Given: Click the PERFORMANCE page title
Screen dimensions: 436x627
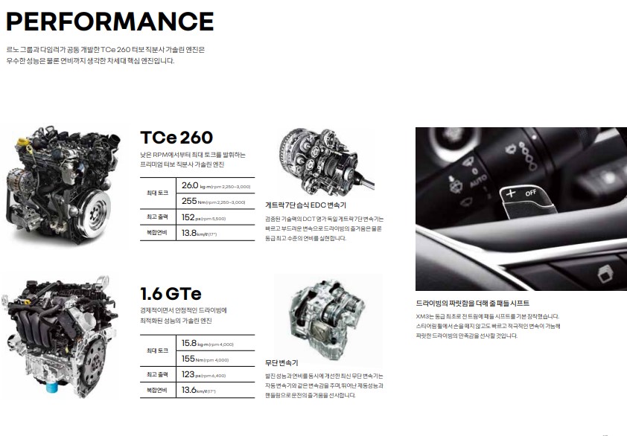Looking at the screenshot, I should click(x=110, y=22).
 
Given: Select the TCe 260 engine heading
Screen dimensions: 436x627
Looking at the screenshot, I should click(x=176, y=138).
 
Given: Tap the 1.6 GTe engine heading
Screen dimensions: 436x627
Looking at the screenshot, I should click(x=171, y=293).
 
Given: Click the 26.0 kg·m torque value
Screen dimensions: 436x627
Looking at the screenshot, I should click(x=191, y=185).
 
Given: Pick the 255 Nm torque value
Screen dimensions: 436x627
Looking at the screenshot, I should click(x=189, y=201).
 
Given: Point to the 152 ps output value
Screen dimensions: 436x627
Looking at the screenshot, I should click(x=189, y=217).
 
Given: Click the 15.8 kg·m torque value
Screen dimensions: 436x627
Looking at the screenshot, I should click(x=189, y=343).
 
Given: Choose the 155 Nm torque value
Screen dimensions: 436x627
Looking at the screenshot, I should click(x=189, y=359).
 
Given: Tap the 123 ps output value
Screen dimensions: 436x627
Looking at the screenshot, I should click(x=189, y=374).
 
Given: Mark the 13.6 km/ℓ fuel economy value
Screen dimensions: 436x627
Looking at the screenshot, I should click(x=189, y=390).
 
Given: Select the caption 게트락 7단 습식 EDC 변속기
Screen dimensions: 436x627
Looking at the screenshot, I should click(x=305, y=205).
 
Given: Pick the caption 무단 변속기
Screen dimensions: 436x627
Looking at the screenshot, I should click(x=281, y=363).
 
